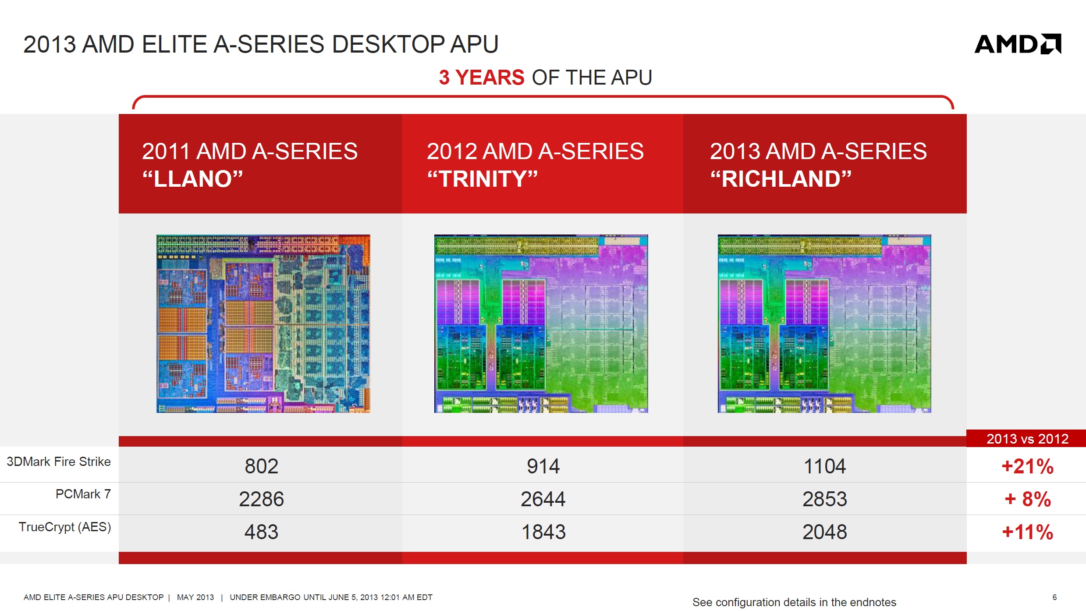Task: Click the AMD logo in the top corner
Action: [x=1018, y=44]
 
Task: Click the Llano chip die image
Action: [x=263, y=323]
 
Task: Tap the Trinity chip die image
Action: [x=541, y=323]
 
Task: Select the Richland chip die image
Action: [x=824, y=323]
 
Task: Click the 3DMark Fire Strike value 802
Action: [x=261, y=466]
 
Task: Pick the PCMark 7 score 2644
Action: [x=543, y=499]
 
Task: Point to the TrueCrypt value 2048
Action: [x=825, y=532]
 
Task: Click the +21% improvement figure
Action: [x=1028, y=466]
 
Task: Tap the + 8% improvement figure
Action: [x=1028, y=499]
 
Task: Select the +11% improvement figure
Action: [x=1028, y=532]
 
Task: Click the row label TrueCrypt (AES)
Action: [x=65, y=527]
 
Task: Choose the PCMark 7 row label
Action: [x=83, y=494]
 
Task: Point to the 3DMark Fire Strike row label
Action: [x=59, y=462]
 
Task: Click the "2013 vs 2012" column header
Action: [x=1028, y=439]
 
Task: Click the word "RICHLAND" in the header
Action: [x=781, y=179]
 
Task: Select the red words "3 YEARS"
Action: [x=482, y=78]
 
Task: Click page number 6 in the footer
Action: [x=1054, y=597]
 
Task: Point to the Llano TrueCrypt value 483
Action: [x=261, y=532]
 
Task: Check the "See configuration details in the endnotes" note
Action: [x=794, y=602]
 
